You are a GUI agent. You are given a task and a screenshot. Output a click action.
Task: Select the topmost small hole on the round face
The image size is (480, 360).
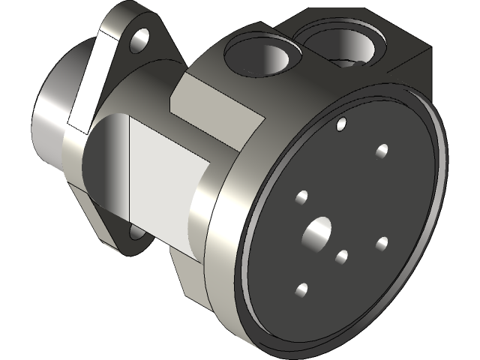click(x=341, y=122)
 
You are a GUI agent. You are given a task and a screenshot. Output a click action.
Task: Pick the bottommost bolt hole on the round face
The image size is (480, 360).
click(x=302, y=289)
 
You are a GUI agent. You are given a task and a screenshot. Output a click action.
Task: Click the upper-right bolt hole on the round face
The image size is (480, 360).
click(x=382, y=151)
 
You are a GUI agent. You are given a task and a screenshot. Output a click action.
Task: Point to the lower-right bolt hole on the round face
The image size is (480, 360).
click(x=381, y=243)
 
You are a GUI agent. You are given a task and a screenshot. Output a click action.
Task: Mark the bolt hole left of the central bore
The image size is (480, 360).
click(x=301, y=197)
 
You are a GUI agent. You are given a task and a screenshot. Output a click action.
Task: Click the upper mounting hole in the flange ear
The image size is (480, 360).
click(x=139, y=41)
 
